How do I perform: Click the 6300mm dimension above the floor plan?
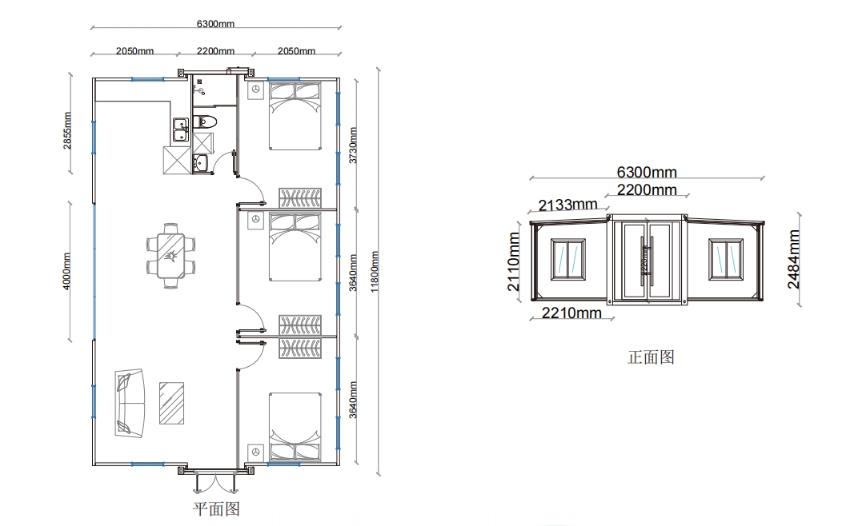tap(215, 24)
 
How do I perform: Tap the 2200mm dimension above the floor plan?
tap(215, 51)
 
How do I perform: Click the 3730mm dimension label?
tap(353, 145)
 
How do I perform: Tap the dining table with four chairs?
tap(170, 255)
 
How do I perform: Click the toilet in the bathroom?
tap(206, 122)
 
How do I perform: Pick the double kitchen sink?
tap(180, 126)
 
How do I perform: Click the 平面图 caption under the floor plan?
tap(216, 508)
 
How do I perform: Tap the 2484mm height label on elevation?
tap(793, 259)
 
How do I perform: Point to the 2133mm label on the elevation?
tap(567, 205)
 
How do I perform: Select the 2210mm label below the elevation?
tap(571, 313)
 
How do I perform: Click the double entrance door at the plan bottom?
tap(215, 480)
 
